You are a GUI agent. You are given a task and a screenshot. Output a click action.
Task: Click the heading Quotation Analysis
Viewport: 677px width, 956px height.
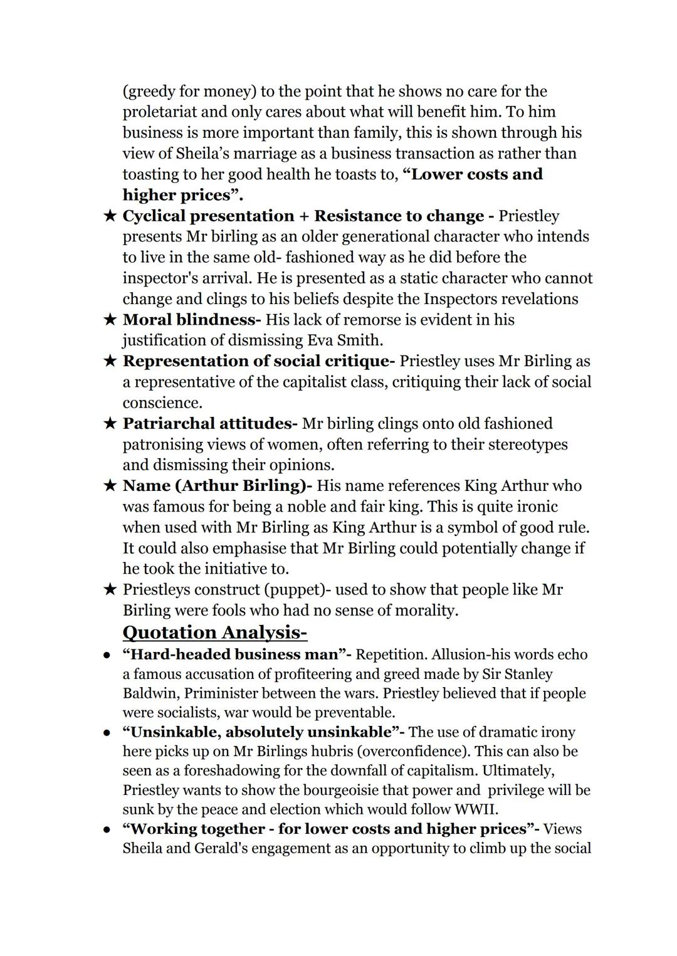point(214,632)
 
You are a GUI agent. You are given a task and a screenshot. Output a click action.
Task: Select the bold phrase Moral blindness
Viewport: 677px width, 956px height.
point(191,320)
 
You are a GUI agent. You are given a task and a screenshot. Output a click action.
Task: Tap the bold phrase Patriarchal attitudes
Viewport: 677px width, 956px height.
point(209,424)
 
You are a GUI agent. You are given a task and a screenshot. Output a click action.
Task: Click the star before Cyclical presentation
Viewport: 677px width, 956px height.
point(110,216)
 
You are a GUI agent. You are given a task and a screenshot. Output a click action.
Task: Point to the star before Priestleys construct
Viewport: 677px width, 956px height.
point(110,590)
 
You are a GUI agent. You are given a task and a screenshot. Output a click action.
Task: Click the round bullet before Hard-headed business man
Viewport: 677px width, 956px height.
point(108,655)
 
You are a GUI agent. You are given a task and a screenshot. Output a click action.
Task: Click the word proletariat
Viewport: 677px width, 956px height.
point(164,112)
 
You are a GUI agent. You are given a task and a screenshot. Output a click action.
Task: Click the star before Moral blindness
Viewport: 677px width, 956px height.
point(110,320)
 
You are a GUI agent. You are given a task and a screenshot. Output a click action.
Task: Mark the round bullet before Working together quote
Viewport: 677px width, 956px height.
point(108,829)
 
